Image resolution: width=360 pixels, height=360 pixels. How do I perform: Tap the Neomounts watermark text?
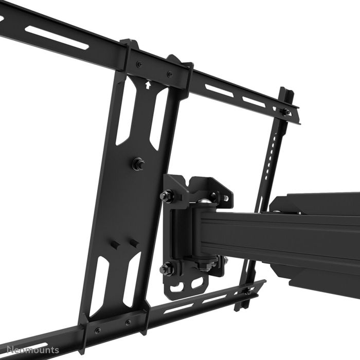(x=30, y=351)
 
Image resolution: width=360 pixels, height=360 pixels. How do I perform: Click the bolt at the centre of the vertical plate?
(x=138, y=165)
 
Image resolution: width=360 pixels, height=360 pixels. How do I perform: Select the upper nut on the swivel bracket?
(x=167, y=195)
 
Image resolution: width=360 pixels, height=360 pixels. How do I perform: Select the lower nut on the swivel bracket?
(x=166, y=268)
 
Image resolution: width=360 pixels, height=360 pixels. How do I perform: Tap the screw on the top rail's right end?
(x=284, y=111)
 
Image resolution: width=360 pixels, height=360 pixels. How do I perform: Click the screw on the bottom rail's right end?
(x=247, y=291)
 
